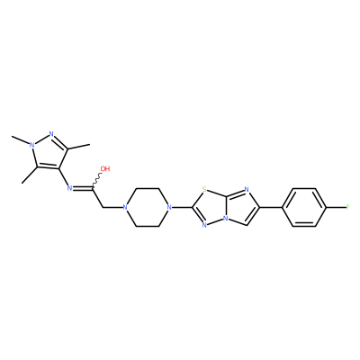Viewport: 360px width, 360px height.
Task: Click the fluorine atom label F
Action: coord(347,207)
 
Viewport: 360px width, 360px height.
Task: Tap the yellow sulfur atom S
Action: coord(204,189)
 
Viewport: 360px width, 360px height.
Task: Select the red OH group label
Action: coord(105,169)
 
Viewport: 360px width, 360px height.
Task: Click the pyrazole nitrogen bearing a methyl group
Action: coord(31,145)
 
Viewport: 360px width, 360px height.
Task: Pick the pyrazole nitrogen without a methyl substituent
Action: coord(51,134)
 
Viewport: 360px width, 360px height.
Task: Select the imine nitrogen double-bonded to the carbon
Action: coord(69,188)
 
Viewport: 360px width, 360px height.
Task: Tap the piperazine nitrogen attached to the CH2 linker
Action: coord(124,207)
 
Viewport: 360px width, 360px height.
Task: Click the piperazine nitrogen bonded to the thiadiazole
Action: coord(169,207)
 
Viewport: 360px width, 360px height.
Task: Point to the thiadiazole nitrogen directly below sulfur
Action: coord(204,225)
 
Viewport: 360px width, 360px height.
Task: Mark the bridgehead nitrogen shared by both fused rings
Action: coord(226,219)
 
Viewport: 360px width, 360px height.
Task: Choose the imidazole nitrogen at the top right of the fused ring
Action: coord(247,189)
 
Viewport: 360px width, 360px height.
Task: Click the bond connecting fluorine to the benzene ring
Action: coord(336,207)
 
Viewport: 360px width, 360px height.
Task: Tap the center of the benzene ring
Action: coord(304,207)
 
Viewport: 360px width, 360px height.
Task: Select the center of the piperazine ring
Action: coord(147,207)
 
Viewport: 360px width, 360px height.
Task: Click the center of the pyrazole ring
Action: coord(48,151)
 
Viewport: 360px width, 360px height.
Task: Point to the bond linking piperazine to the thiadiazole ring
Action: coord(182,207)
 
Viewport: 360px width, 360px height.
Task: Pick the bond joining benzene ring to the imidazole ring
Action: coord(271,207)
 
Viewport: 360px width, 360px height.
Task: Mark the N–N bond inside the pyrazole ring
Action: coord(41,139)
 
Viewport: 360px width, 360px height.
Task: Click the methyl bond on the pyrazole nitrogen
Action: coord(21,140)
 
